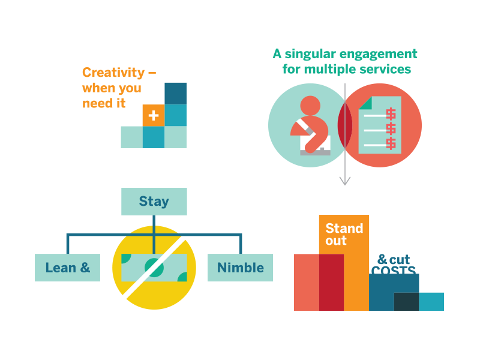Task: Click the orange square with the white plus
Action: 154,115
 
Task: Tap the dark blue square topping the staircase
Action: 176,94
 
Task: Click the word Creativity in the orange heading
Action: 113,73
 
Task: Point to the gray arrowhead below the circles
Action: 345,181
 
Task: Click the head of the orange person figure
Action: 310,106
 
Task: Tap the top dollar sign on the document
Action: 391,114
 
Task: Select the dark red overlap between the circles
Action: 345,125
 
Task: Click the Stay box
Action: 154,202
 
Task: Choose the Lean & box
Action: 67,268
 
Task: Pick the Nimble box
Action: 241,268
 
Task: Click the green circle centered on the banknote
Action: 154,268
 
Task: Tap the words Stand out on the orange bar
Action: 344,234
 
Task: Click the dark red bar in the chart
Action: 332,282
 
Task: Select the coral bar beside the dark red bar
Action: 307,282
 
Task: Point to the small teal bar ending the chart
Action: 431,302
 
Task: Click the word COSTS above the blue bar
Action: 394,270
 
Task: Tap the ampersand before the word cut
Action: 382,259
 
